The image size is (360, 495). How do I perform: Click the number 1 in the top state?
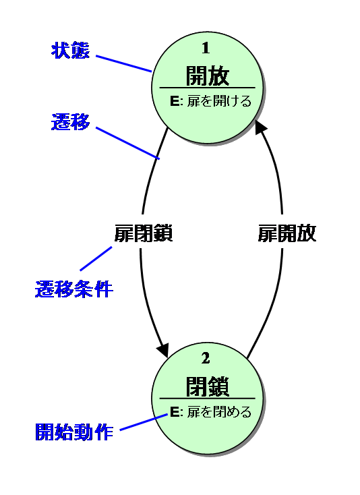tap(206, 48)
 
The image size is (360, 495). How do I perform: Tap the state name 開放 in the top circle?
tap(207, 76)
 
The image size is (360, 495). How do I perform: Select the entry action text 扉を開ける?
tap(219, 101)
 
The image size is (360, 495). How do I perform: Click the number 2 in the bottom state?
tap(206, 358)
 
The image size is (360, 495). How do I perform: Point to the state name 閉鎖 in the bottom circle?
tap(207, 386)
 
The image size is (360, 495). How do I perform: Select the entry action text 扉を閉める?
tap(219, 412)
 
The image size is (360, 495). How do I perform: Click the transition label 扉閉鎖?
tap(143, 233)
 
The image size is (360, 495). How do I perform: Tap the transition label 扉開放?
tap(287, 233)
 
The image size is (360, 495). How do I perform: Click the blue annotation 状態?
tap(70, 50)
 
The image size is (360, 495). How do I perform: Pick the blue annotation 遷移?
tap(70, 122)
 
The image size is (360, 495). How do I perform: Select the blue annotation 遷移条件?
tap(74, 289)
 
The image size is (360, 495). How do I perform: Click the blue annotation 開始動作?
tap(74, 432)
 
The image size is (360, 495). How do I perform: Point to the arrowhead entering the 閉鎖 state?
tap(163, 351)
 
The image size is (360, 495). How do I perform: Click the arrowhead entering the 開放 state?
tap(261, 127)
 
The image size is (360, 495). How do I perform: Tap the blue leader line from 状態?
tap(124, 64)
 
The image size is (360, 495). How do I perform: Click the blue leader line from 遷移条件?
tap(96, 258)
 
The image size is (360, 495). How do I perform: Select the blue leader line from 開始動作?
tap(144, 422)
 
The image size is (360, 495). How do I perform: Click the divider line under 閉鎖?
tap(207, 399)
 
